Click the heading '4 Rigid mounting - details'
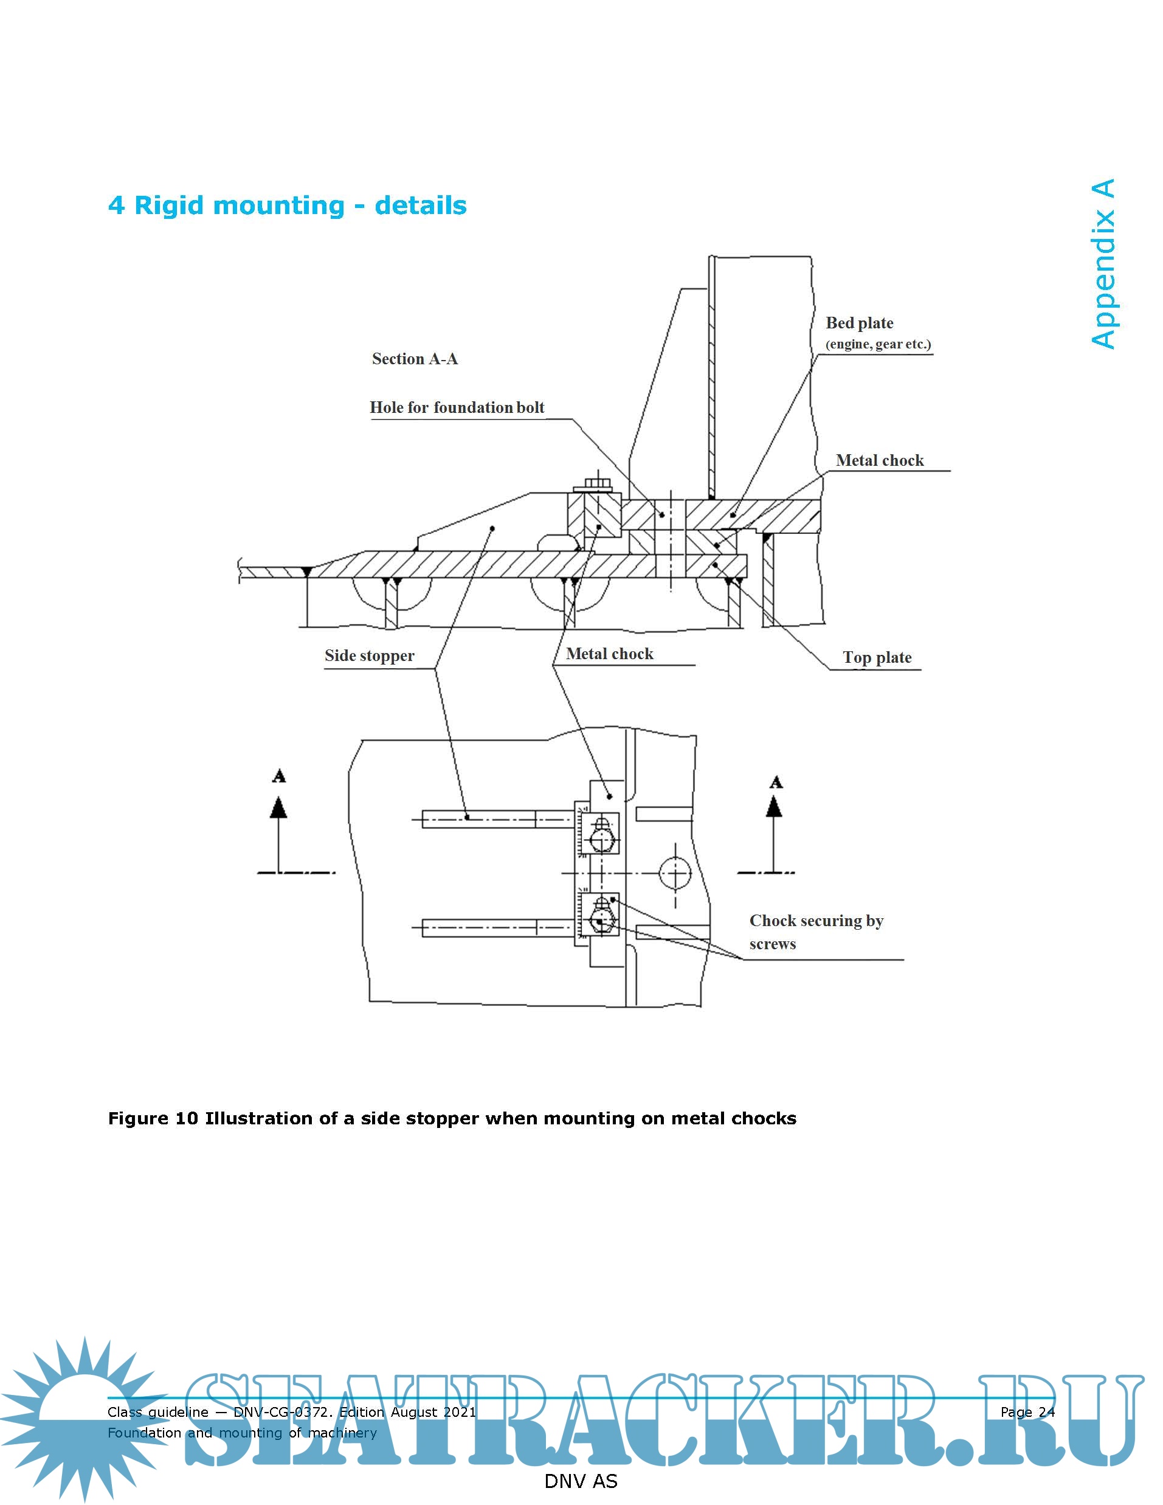tap(288, 206)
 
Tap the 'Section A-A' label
tap(414, 359)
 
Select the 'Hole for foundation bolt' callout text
tap(457, 407)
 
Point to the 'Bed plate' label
tap(859, 323)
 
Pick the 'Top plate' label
tap(877, 657)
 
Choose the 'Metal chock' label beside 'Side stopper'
tap(609, 654)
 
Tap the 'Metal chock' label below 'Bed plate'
tap(879, 460)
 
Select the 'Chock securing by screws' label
tap(816, 932)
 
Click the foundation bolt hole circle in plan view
tap(675, 873)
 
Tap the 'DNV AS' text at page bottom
tap(581, 1481)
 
